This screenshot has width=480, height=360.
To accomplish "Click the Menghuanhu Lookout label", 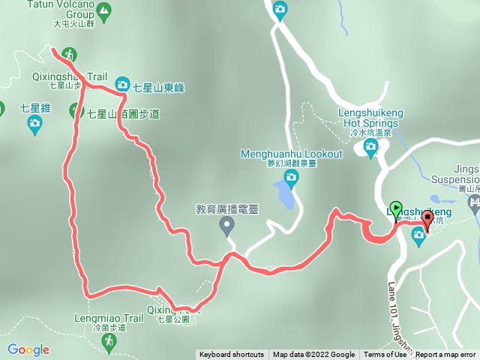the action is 291,154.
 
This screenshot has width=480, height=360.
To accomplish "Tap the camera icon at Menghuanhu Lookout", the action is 291,177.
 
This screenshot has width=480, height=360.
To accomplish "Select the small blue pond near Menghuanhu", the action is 283,193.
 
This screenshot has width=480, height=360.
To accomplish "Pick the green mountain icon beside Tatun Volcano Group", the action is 103,10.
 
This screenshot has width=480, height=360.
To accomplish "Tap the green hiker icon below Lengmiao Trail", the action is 109,343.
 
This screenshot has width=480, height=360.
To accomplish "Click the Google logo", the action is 28,349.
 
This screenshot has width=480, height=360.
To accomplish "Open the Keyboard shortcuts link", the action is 231,355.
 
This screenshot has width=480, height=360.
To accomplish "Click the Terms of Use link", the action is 384,355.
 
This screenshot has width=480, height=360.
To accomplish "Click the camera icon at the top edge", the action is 280,10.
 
